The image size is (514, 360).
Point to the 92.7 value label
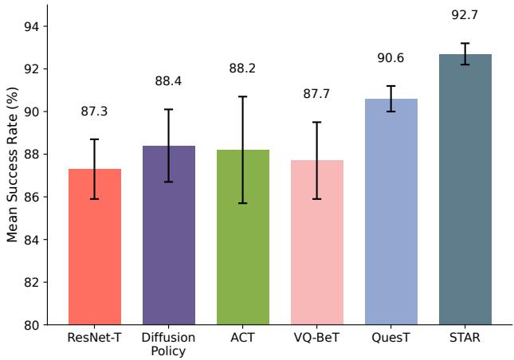point(465,15)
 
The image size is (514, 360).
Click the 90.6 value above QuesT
point(391,59)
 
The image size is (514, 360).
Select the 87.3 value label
point(95,112)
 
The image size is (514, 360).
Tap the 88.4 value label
point(169,81)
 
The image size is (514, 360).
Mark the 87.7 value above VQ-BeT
point(317,95)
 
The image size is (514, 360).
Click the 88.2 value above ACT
point(243,68)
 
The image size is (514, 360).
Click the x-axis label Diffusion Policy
point(169,345)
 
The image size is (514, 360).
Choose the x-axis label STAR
point(465,338)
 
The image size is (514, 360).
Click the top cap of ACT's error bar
point(243,96)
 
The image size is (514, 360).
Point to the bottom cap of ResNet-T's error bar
point(95,199)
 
